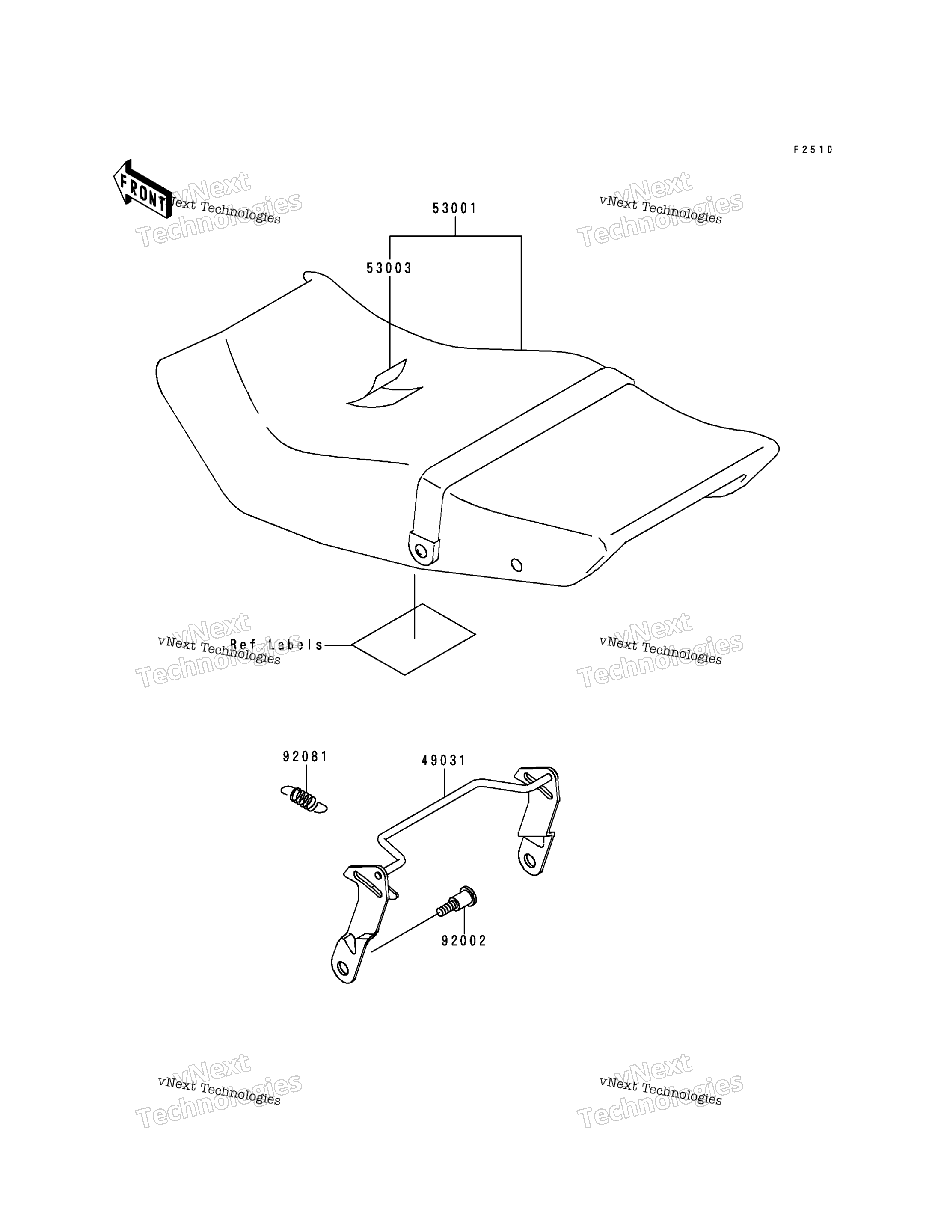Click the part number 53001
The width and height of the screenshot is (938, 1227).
tap(454, 208)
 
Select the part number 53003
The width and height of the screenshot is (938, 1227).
tap(389, 268)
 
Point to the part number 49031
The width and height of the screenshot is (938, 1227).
tap(443, 760)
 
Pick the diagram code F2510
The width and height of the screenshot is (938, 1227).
tap(813, 150)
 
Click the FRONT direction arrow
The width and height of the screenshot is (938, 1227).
tap(143, 189)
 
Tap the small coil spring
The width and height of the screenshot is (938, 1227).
tap(304, 799)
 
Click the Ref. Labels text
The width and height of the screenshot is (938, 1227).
tap(277, 645)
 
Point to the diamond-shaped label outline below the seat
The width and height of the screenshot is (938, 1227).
tap(413, 639)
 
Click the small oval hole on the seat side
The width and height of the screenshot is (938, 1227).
tap(517, 565)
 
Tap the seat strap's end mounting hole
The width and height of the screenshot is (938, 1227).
tap(420, 552)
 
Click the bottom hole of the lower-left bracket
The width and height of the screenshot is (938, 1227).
tap(342, 967)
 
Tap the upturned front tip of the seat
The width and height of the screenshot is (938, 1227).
tap(312, 276)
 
